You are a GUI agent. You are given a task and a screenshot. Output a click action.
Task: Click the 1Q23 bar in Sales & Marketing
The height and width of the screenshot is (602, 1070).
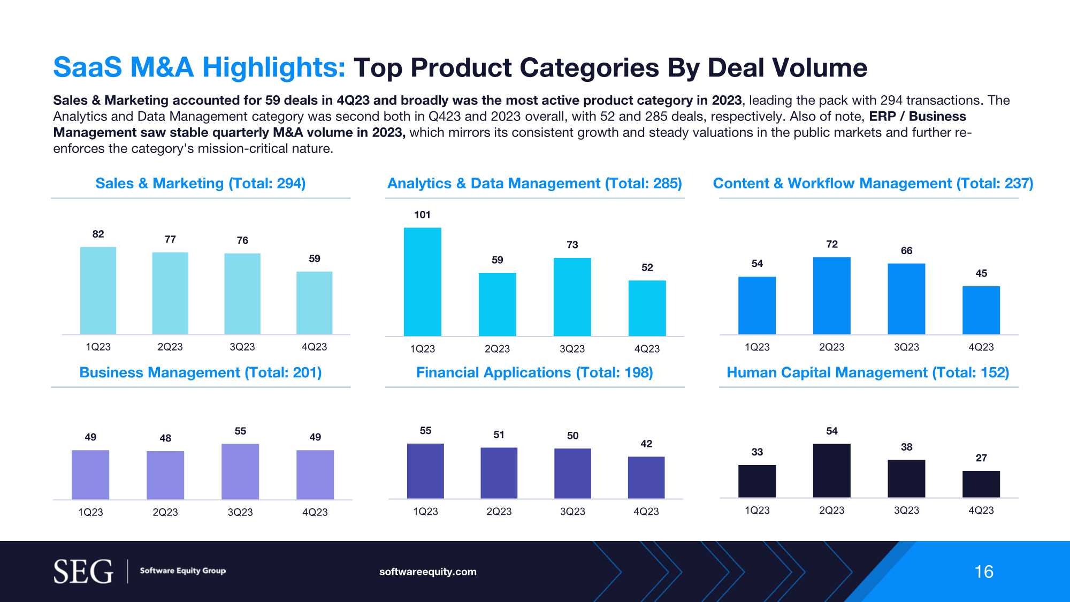tap(98, 290)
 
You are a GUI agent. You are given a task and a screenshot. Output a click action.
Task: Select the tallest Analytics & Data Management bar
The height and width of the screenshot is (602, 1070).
tap(422, 281)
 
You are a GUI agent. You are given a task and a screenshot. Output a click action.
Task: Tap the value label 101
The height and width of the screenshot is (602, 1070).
tap(422, 215)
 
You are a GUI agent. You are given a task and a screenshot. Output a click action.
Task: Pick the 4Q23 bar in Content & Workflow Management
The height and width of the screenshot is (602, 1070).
tap(981, 310)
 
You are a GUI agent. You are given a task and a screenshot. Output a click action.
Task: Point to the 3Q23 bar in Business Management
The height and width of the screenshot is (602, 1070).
tap(240, 471)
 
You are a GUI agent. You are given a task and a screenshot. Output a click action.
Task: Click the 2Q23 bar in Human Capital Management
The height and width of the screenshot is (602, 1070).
tap(831, 470)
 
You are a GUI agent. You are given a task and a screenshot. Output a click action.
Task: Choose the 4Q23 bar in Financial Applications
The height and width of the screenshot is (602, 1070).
tap(646, 477)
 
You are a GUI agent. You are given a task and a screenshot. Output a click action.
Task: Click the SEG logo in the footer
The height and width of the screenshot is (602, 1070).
tap(83, 571)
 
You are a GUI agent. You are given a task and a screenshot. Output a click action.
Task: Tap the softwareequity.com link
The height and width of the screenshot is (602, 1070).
tap(427, 571)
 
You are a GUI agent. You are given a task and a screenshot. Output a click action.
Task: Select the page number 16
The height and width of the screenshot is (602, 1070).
tap(983, 571)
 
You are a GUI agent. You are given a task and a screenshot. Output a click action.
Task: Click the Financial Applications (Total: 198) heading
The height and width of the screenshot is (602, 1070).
tap(534, 372)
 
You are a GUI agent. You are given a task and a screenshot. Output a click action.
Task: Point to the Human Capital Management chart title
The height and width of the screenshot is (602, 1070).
tap(868, 372)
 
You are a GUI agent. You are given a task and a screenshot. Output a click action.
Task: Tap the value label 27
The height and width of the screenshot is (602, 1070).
tap(981, 458)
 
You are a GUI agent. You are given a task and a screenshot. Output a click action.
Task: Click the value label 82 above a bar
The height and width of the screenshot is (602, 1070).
tap(98, 234)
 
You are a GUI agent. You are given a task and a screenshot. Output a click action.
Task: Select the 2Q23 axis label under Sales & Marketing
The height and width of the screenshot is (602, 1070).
tap(170, 347)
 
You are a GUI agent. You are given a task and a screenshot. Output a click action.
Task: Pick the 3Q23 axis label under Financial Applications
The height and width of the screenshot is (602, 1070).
tap(572, 512)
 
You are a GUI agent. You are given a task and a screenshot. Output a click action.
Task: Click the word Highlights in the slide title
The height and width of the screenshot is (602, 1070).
tap(274, 67)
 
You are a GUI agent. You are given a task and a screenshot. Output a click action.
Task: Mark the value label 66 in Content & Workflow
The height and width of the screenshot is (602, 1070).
tap(906, 250)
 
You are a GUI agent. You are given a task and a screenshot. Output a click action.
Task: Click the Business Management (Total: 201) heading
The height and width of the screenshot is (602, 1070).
tap(200, 372)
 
